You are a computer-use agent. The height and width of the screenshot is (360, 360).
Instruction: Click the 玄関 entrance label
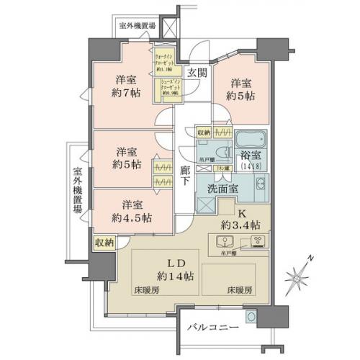point(197,72)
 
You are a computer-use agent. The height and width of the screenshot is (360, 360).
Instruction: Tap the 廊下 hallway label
point(186,178)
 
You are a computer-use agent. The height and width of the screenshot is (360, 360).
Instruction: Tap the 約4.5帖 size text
point(132,217)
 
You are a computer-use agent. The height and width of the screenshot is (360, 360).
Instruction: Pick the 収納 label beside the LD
point(104,243)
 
